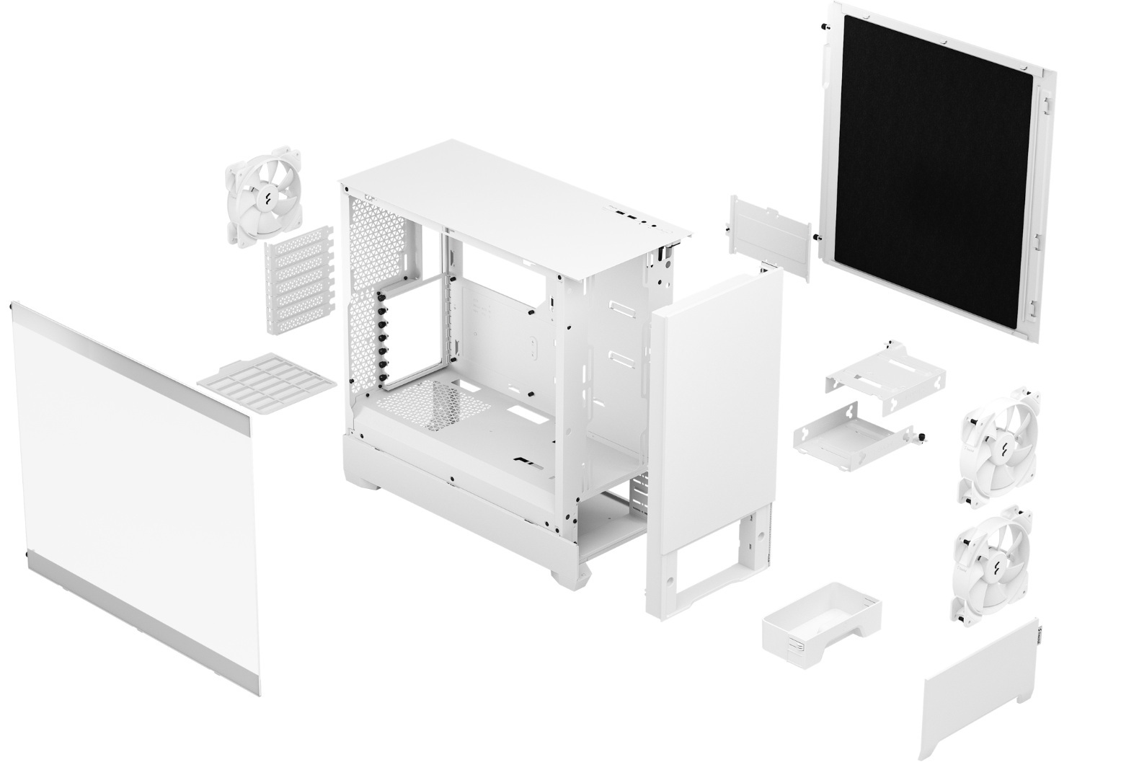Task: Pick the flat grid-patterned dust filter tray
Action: pos(266,381)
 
